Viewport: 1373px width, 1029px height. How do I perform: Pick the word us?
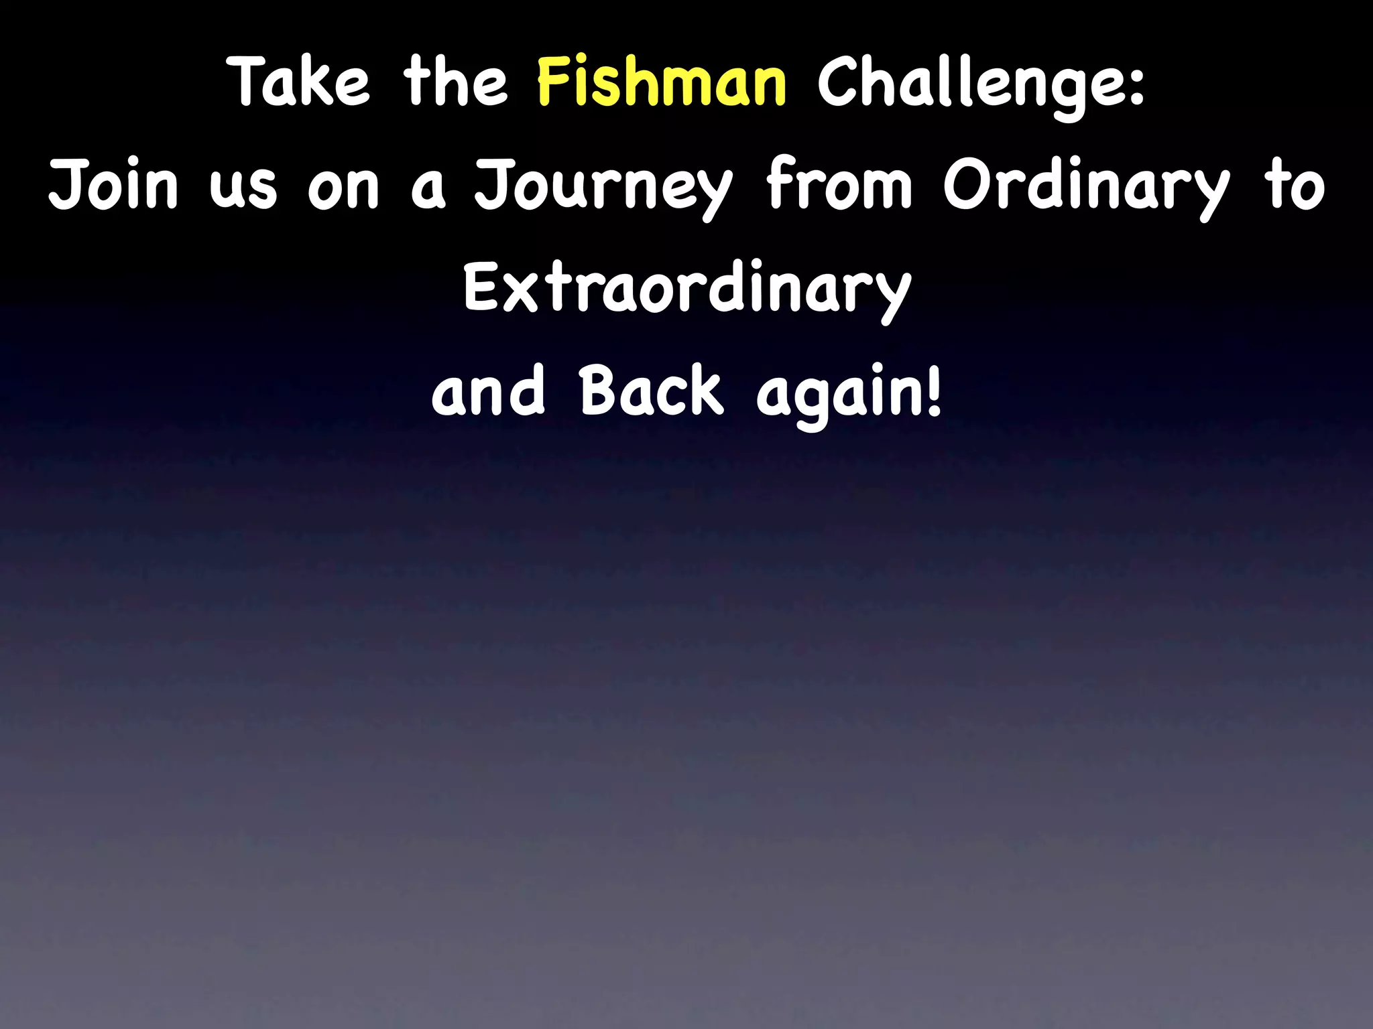point(243,189)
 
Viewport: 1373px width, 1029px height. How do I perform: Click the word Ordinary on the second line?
point(1087,188)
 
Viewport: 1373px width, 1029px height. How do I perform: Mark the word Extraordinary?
point(686,291)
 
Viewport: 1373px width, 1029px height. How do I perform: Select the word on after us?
point(343,189)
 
